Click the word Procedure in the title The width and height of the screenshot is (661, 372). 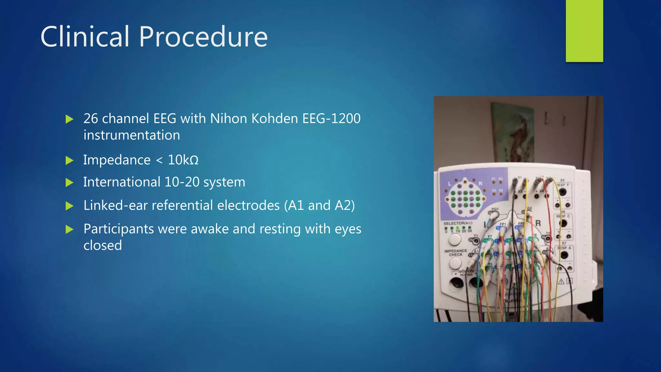(x=203, y=37)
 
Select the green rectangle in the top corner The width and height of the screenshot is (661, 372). (x=584, y=31)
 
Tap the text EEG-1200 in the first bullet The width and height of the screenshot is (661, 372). (x=331, y=119)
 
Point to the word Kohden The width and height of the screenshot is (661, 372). (x=275, y=119)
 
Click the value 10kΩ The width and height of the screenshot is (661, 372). (x=183, y=160)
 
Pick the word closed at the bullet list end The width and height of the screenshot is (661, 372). (x=103, y=245)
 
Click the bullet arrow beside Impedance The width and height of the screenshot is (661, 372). (x=69, y=160)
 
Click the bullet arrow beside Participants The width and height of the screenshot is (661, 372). (x=69, y=229)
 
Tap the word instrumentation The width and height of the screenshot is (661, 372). (x=132, y=135)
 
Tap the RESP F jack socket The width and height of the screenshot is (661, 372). (x=563, y=192)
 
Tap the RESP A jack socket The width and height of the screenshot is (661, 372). (x=564, y=255)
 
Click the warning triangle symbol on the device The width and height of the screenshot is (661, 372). (x=561, y=281)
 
